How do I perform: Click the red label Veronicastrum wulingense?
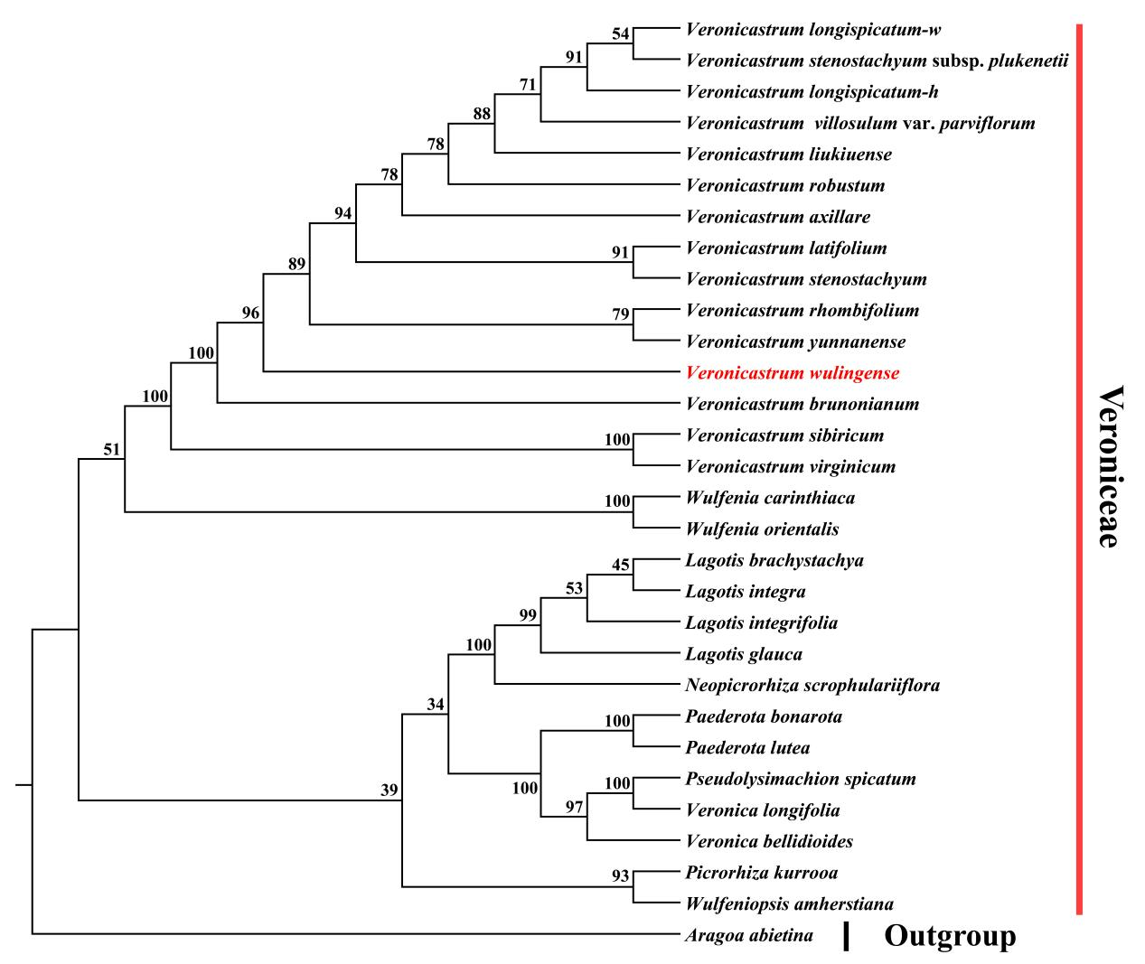click(793, 373)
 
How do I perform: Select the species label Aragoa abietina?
click(749, 935)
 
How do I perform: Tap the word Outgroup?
click(950, 936)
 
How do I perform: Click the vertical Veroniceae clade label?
click(1111, 467)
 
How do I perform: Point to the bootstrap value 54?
click(620, 34)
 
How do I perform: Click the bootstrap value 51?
click(111, 449)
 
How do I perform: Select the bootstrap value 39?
click(389, 791)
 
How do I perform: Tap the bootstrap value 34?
click(436, 705)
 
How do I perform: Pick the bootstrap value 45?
click(620, 566)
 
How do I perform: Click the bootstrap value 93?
click(620, 876)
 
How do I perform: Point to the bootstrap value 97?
click(575, 807)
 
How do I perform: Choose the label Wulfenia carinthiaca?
click(770, 498)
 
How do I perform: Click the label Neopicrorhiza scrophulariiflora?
click(812, 686)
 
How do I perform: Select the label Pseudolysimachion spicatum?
click(801, 779)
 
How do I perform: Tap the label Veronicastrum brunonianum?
click(802, 404)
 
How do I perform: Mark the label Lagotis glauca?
click(744, 654)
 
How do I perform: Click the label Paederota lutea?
click(747, 748)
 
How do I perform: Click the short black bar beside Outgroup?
click(846, 937)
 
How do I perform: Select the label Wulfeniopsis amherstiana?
click(790, 903)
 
